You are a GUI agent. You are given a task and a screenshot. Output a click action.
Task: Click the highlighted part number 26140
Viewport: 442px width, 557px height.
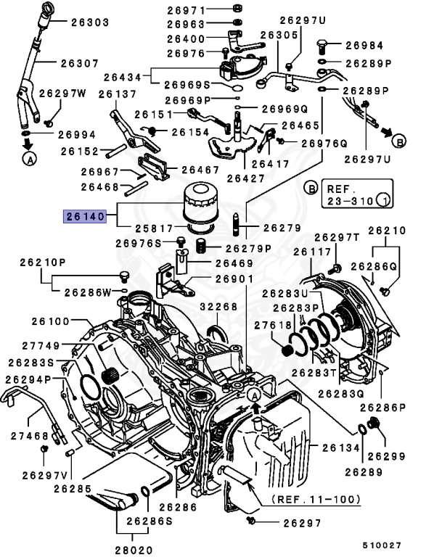86,215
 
